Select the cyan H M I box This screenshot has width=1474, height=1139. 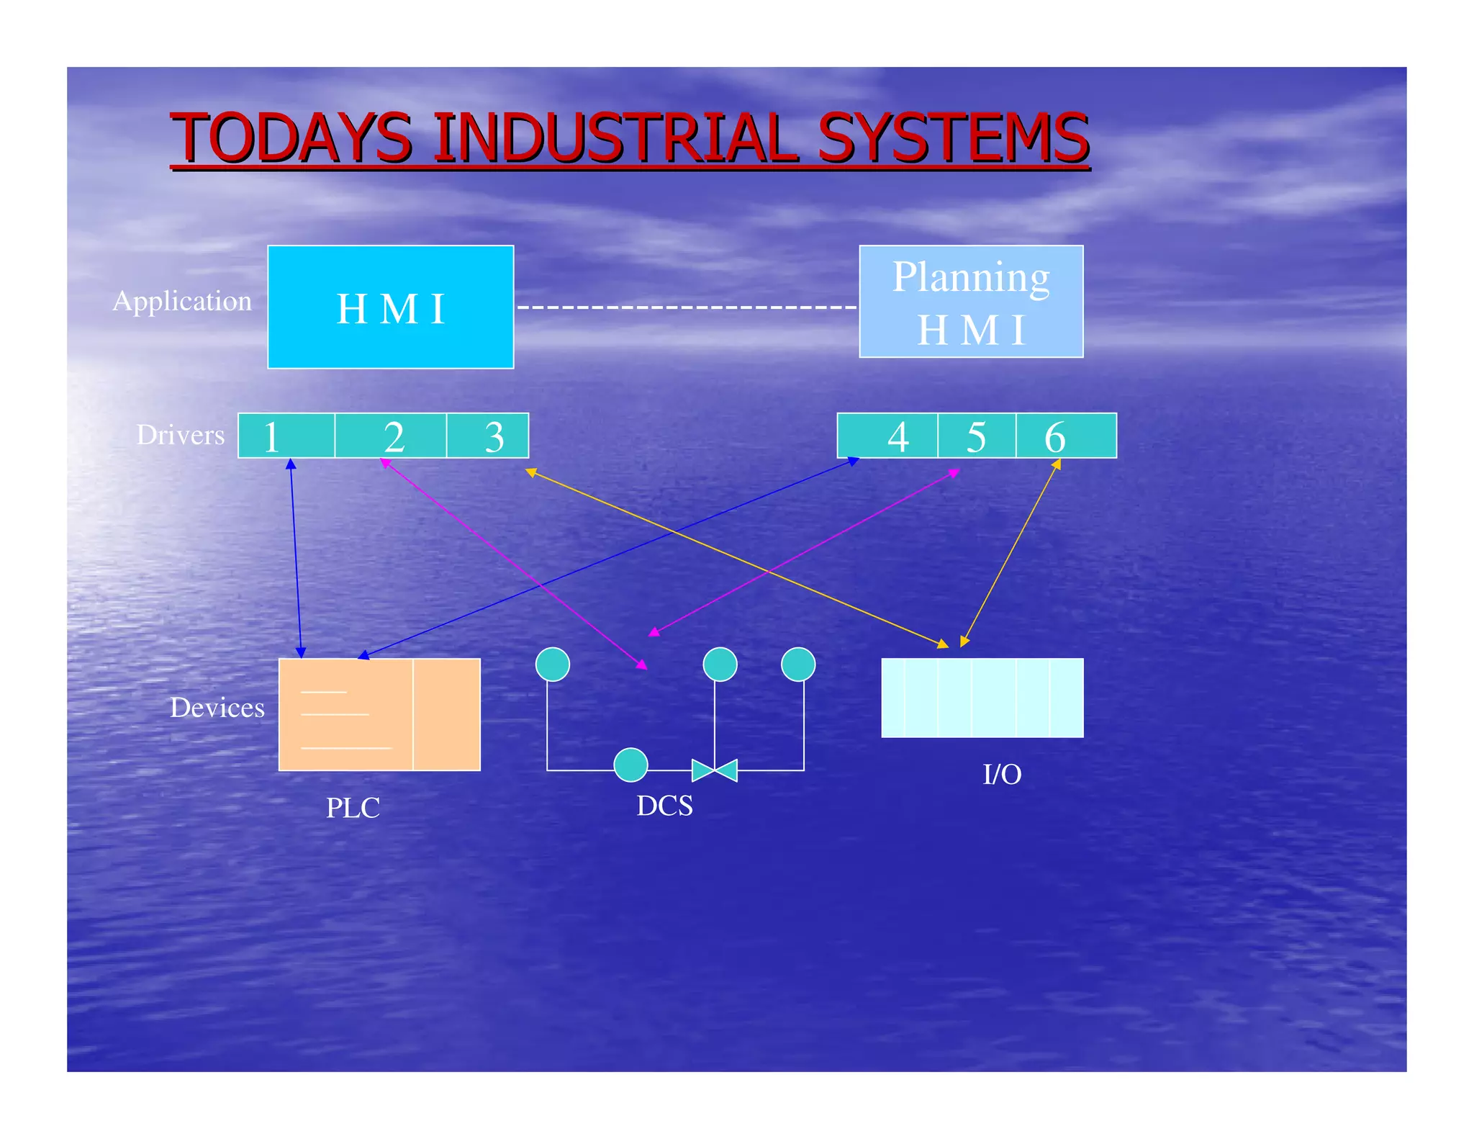(x=390, y=307)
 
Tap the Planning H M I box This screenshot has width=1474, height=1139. (x=971, y=302)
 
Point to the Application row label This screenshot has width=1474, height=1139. (x=182, y=301)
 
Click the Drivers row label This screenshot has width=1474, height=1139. (x=181, y=435)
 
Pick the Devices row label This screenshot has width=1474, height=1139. (x=217, y=708)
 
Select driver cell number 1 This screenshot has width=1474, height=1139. (x=286, y=436)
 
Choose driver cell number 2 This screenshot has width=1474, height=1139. (x=391, y=436)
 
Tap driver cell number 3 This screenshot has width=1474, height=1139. (x=488, y=436)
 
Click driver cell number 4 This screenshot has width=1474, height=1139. (x=888, y=436)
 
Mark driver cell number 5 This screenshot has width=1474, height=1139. (x=977, y=436)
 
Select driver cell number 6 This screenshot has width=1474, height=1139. (x=1066, y=436)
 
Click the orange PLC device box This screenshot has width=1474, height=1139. (x=379, y=714)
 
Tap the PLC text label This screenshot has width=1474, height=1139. (x=353, y=808)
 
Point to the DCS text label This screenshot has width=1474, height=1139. (x=664, y=806)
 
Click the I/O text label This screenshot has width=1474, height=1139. (x=1002, y=775)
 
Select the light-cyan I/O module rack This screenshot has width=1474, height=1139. (x=982, y=698)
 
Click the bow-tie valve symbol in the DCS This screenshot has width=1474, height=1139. (x=715, y=770)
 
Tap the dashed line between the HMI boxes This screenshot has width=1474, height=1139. (x=687, y=307)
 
